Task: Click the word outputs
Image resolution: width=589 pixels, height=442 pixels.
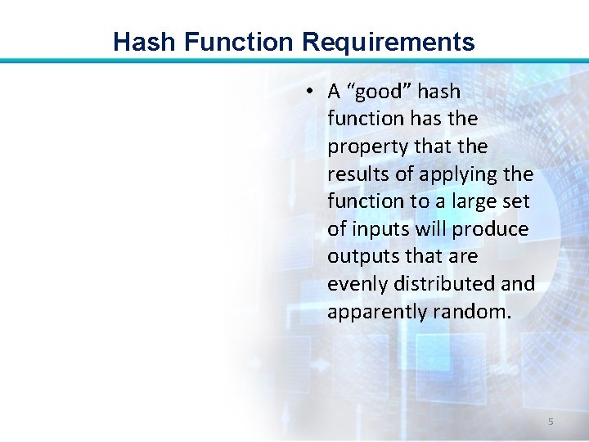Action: [x=361, y=257]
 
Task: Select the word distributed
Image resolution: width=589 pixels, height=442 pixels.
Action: [x=441, y=284]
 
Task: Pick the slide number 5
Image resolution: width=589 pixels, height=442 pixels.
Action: [x=551, y=422]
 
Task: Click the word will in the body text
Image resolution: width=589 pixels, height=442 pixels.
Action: [x=429, y=229]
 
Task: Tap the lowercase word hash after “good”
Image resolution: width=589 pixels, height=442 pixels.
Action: [x=439, y=92]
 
